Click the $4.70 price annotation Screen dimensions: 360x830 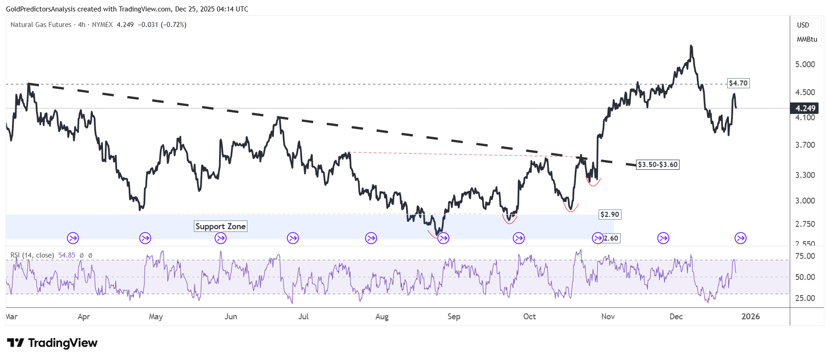pyautogui.click(x=738, y=83)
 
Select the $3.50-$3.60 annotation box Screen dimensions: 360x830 pyautogui.click(x=658, y=165)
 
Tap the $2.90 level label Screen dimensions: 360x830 pyautogui.click(x=610, y=215)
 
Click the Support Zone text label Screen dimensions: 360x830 pyautogui.click(x=220, y=226)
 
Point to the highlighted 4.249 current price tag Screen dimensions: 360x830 pyautogui.click(x=805, y=108)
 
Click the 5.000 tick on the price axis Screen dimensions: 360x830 pyautogui.click(x=805, y=64)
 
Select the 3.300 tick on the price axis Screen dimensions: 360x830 pyautogui.click(x=805, y=175)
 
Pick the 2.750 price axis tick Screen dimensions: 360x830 pyautogui.click(x=805, y=224)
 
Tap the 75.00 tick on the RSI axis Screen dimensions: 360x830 pyautogui.click(x=805, y=256)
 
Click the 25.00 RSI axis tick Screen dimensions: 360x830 pyautogui.click(x=805, y=298)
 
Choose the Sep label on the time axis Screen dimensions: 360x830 pyautogui.click(x=454, y=317)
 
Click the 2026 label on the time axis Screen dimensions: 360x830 pyautogui.click(x=750, y=317)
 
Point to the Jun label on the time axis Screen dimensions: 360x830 pyautogui.click(x=231, y=317)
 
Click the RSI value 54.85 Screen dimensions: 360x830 pyautogui.click(x=67, y=255)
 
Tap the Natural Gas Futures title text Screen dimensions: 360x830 pyautogui.click(x=41, y=25)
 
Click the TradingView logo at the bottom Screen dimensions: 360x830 pyautogui.click(x=52, y=343)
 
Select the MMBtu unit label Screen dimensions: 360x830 pyautogui.click(x=807, y=39)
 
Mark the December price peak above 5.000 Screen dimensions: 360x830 pyautogui.click(x=691, y=46)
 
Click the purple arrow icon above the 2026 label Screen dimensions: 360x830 pyautogui.click(x=740, y=238)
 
